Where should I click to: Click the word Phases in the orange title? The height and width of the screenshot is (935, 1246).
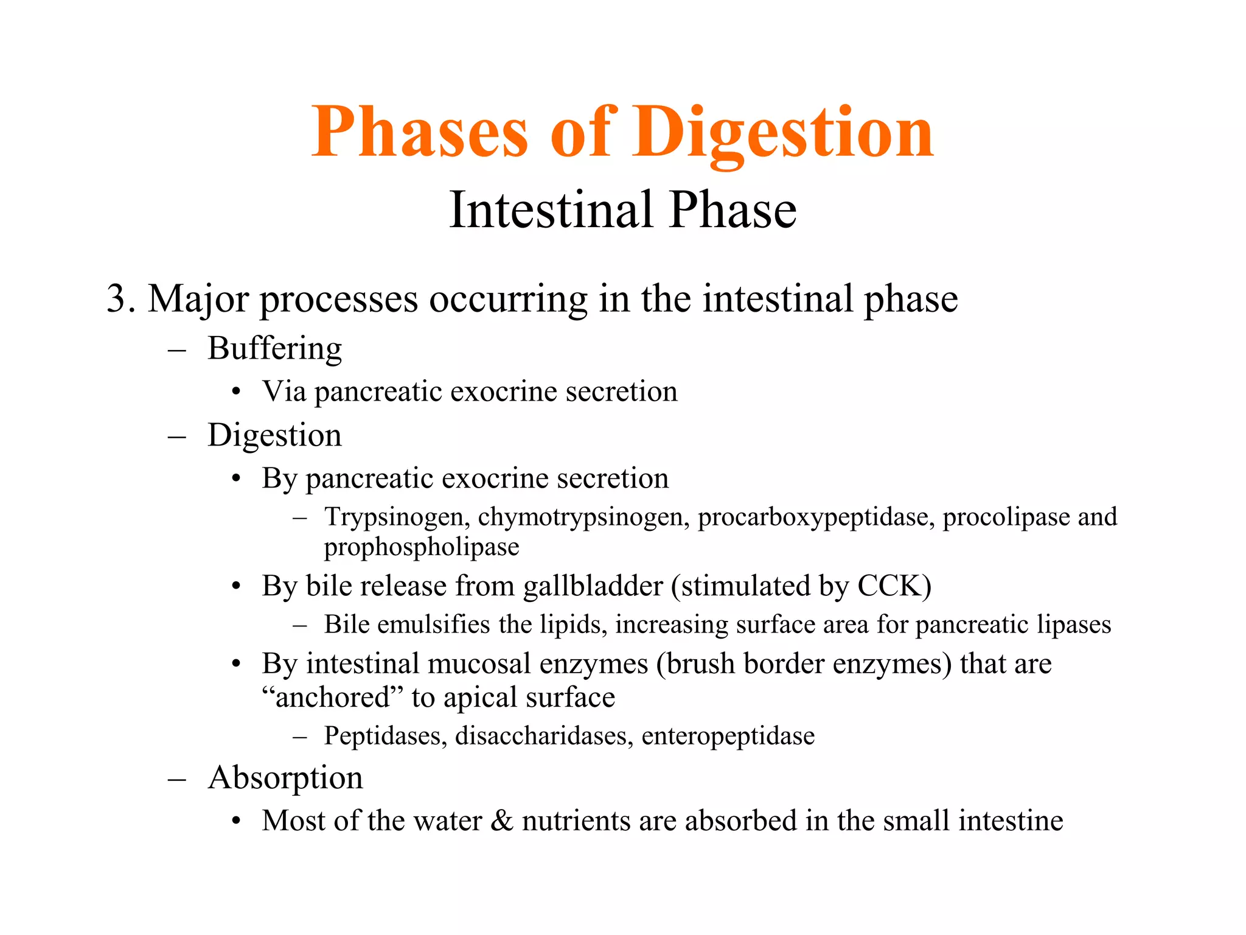tap(419, 133)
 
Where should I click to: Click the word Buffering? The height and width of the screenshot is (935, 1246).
tap(274, 349)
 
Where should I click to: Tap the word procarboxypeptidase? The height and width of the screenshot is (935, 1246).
tap(816, 517)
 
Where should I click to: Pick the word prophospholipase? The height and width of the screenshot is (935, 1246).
tap(421, 547)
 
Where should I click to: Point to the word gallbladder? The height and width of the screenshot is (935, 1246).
tap(593, 586)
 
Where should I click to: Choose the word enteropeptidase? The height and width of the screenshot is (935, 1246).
tap(728, 737)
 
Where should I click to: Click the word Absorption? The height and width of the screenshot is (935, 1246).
tap(285, 778)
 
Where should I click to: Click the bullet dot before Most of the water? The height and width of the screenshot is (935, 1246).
tap(237, 822)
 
